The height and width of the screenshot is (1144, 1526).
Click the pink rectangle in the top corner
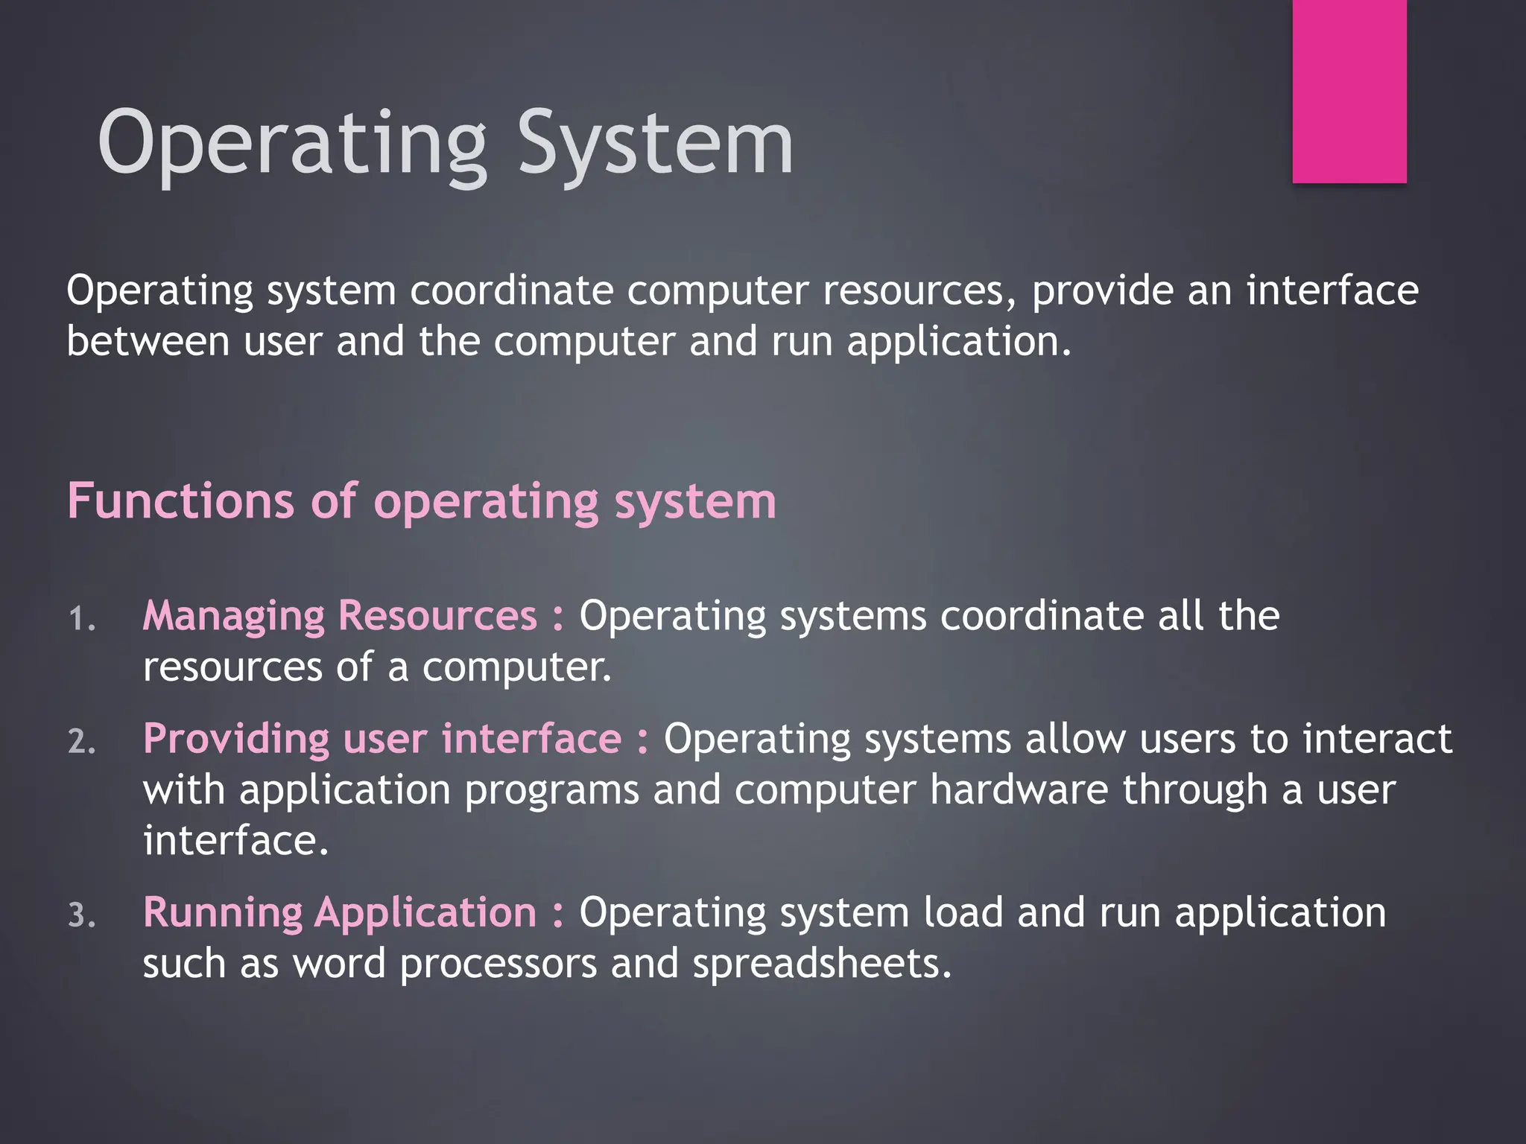point(1349,91)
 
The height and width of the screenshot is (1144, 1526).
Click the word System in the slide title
point(655,143)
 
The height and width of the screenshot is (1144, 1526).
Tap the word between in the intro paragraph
point(148,342)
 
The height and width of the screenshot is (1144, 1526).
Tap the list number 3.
point(81,916)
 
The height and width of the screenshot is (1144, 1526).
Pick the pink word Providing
point(236,740)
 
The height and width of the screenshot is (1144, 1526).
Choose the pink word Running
point(223,914)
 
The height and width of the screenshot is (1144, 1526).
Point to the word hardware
point(1019,789)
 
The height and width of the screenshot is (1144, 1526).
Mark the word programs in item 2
point(551,791)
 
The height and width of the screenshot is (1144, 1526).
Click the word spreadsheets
point(822,964)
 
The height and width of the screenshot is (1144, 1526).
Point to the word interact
point(1378,740)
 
